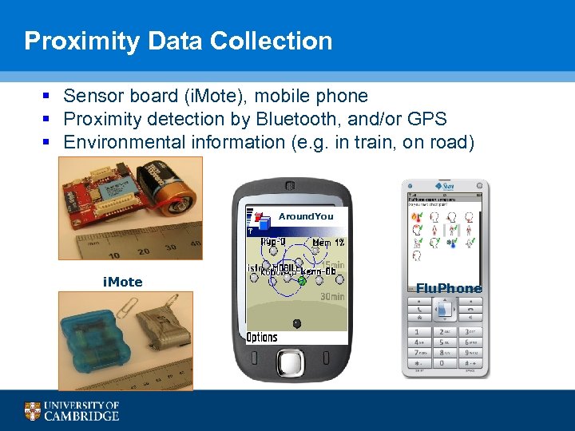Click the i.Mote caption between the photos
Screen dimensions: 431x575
(122, 282)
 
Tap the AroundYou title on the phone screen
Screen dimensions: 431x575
(306, 216)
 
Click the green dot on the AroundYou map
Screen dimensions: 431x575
(302, 281)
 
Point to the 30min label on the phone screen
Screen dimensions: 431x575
(331, 296)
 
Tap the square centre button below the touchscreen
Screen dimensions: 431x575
(295, 365)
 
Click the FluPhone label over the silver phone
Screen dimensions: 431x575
(449, 288)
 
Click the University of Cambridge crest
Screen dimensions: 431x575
(32, 411)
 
